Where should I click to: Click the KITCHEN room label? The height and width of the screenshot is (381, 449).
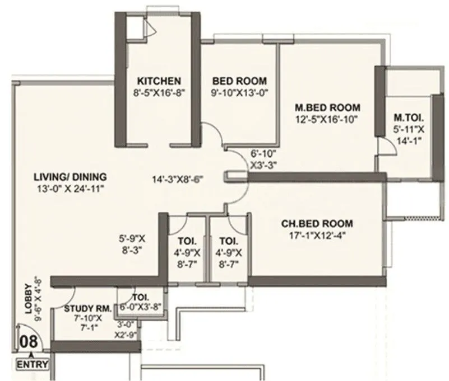pyautogui.click(x=159, y=80)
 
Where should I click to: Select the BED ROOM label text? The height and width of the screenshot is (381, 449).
pyautogui.click(x=239, y=80)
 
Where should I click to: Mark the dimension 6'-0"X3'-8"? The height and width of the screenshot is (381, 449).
pyautogui.click(x=140, y=307)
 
